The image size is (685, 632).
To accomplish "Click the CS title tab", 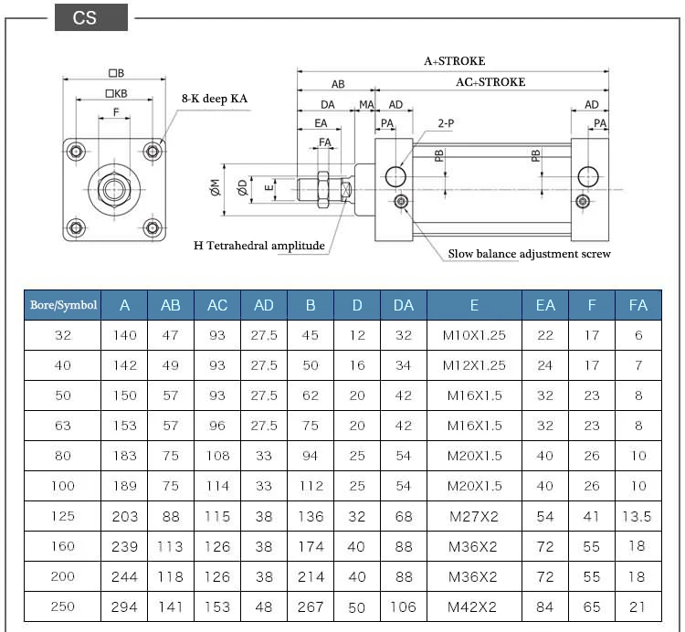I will (85, 18).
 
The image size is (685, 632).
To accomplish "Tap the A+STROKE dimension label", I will (454, 61).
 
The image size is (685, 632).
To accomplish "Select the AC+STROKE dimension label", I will (490, 82).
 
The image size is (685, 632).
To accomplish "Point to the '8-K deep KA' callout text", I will (215, 97).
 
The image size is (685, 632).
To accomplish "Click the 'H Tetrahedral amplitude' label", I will (259, 246).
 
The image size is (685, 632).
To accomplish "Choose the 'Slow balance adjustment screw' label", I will (529, 254).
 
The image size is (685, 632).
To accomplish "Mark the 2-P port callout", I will (447, 121).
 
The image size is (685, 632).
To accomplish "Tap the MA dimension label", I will (366, 105).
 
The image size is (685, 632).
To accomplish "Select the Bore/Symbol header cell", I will (61, 305).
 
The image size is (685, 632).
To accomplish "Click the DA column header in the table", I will (403, 305).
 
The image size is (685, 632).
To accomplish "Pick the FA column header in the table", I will (638, 305).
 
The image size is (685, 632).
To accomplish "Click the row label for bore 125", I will (62, 516).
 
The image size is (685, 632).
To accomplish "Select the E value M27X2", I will (474, 516).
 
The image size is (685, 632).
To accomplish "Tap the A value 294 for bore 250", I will (125, 606).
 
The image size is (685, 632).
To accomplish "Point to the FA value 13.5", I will (638, 516).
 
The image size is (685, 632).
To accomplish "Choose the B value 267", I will (311, 606).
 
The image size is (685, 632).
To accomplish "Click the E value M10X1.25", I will (474, 335).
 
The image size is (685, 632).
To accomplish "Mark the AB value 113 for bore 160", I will (171, 546).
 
